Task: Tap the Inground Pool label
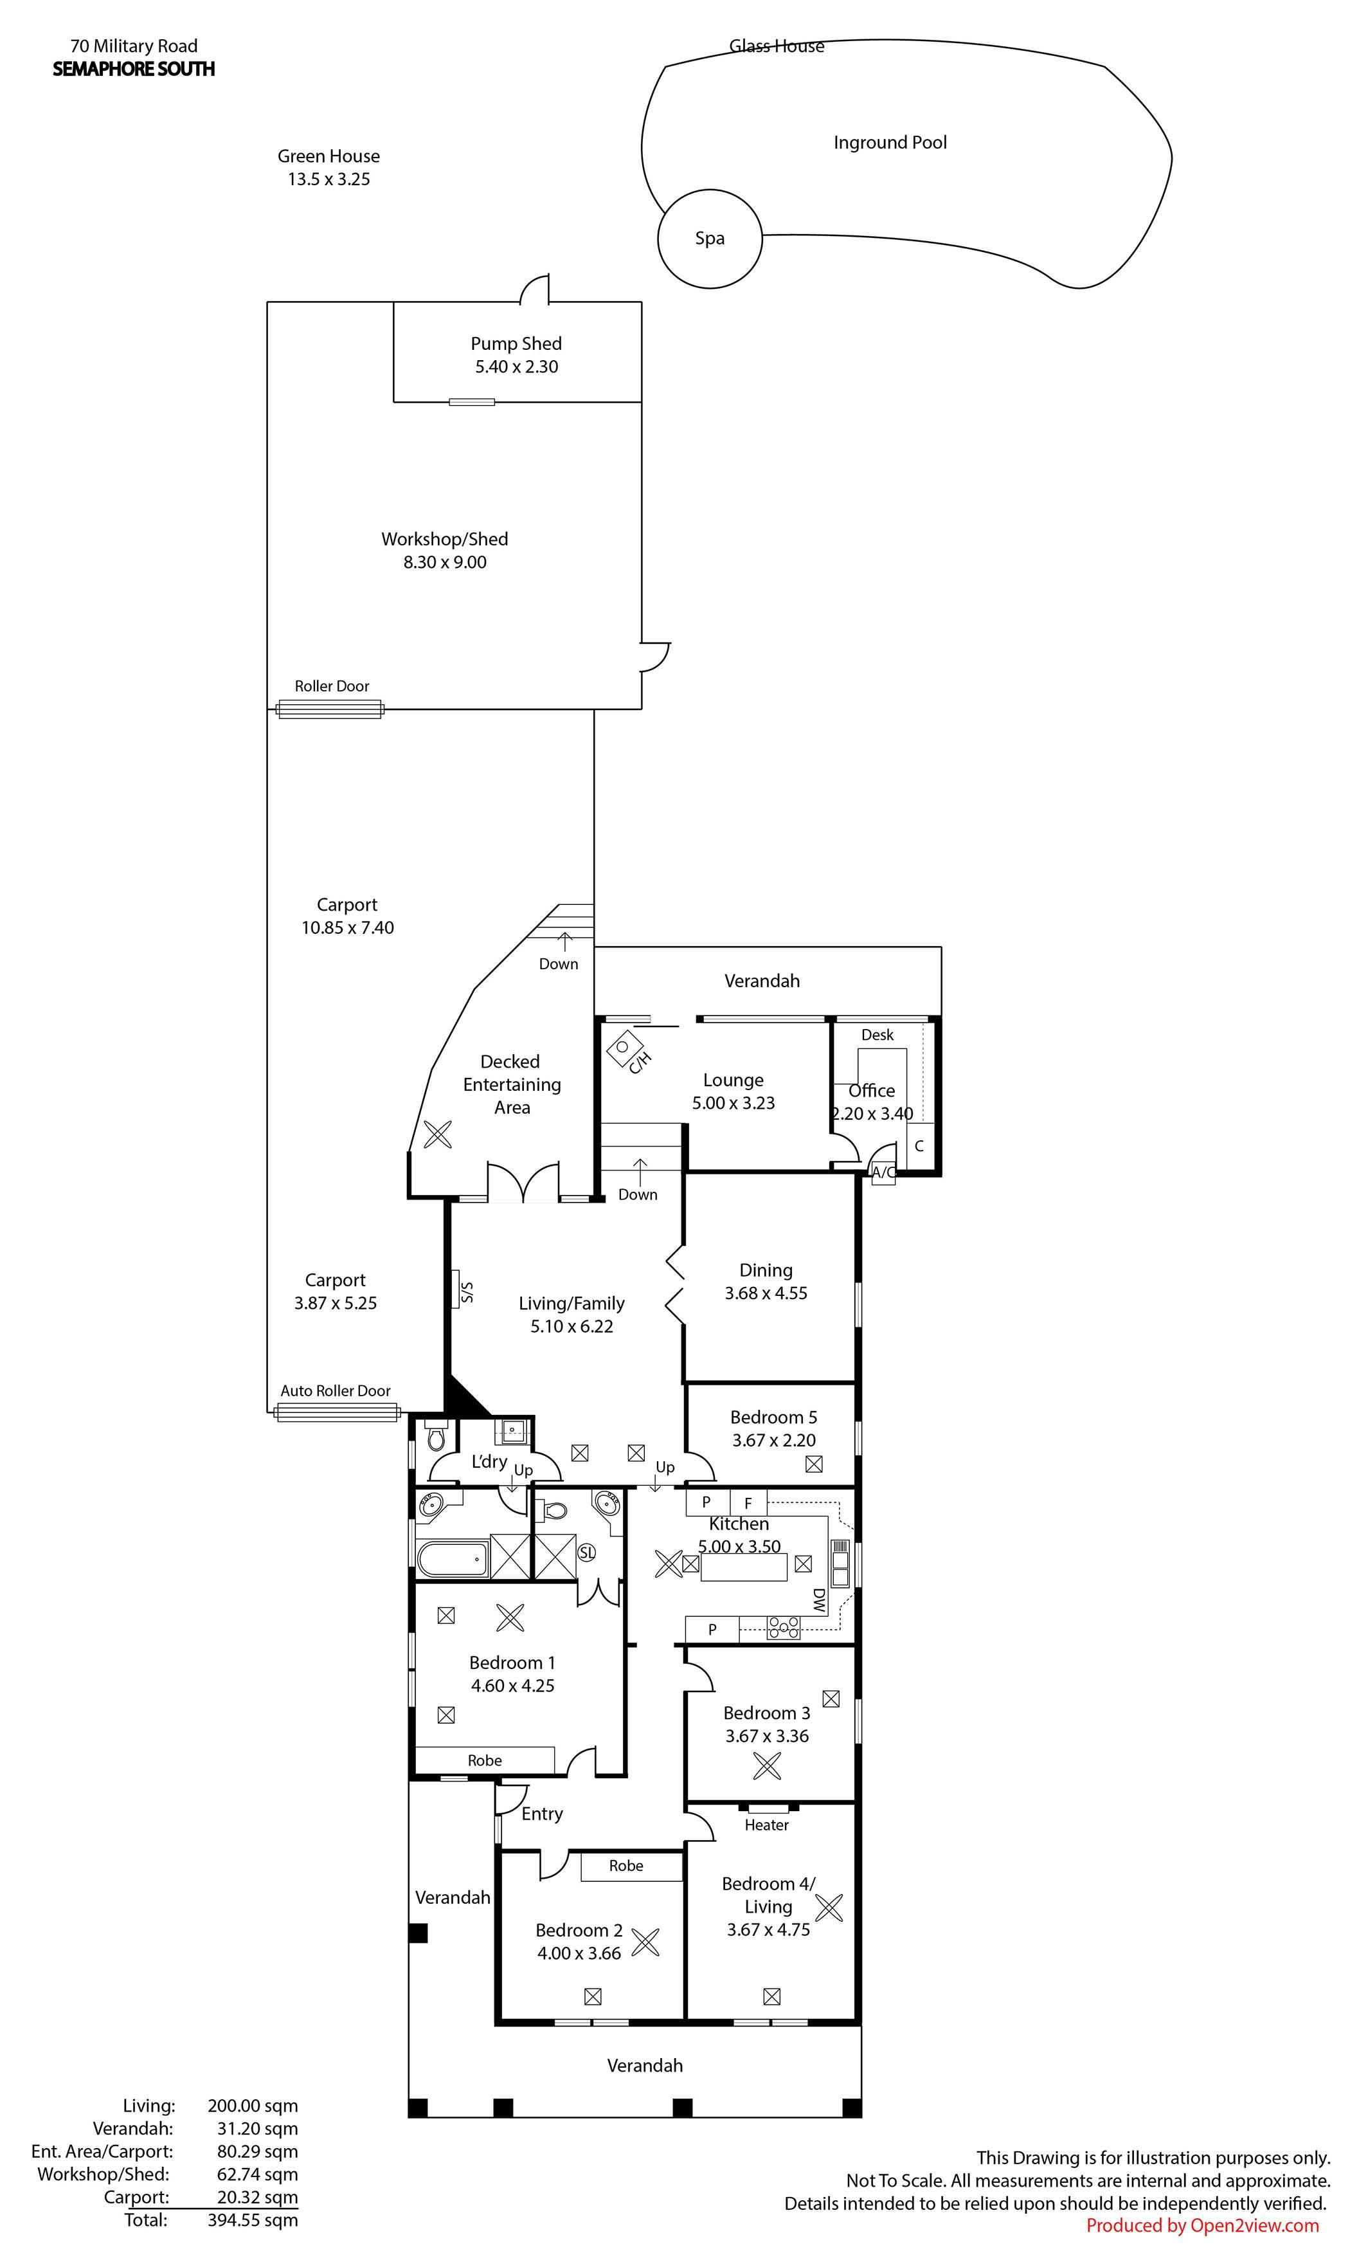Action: (x=890, y=143)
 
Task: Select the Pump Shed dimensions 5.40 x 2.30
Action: (x=517, y=367)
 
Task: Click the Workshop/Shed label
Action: (x=445, y=539)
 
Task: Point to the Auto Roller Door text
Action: (x=335, y=1390)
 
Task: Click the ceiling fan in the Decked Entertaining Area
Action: (x=438, y=1134)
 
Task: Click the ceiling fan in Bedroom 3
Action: (x=767, y=1766)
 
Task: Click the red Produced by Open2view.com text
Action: (x=1203, y=2225)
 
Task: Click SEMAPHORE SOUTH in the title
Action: (x=134, y=69)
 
